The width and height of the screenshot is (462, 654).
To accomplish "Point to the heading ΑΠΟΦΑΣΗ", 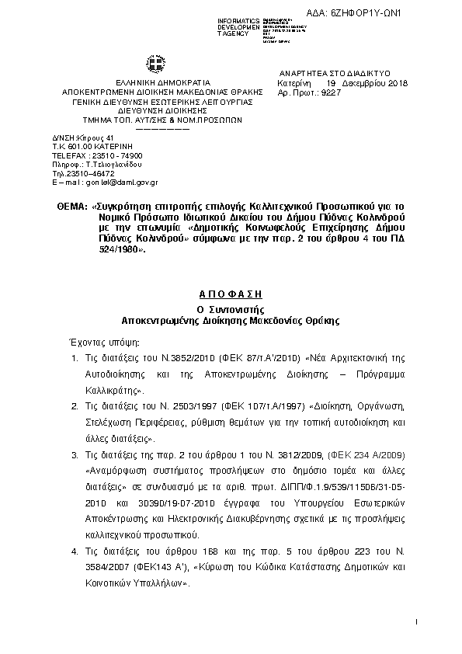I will (232, 295).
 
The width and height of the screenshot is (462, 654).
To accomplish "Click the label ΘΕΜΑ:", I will (71, 207).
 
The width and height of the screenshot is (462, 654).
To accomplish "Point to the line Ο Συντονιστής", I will (232, 308).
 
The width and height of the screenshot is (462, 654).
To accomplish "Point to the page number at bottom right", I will (417, 622).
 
